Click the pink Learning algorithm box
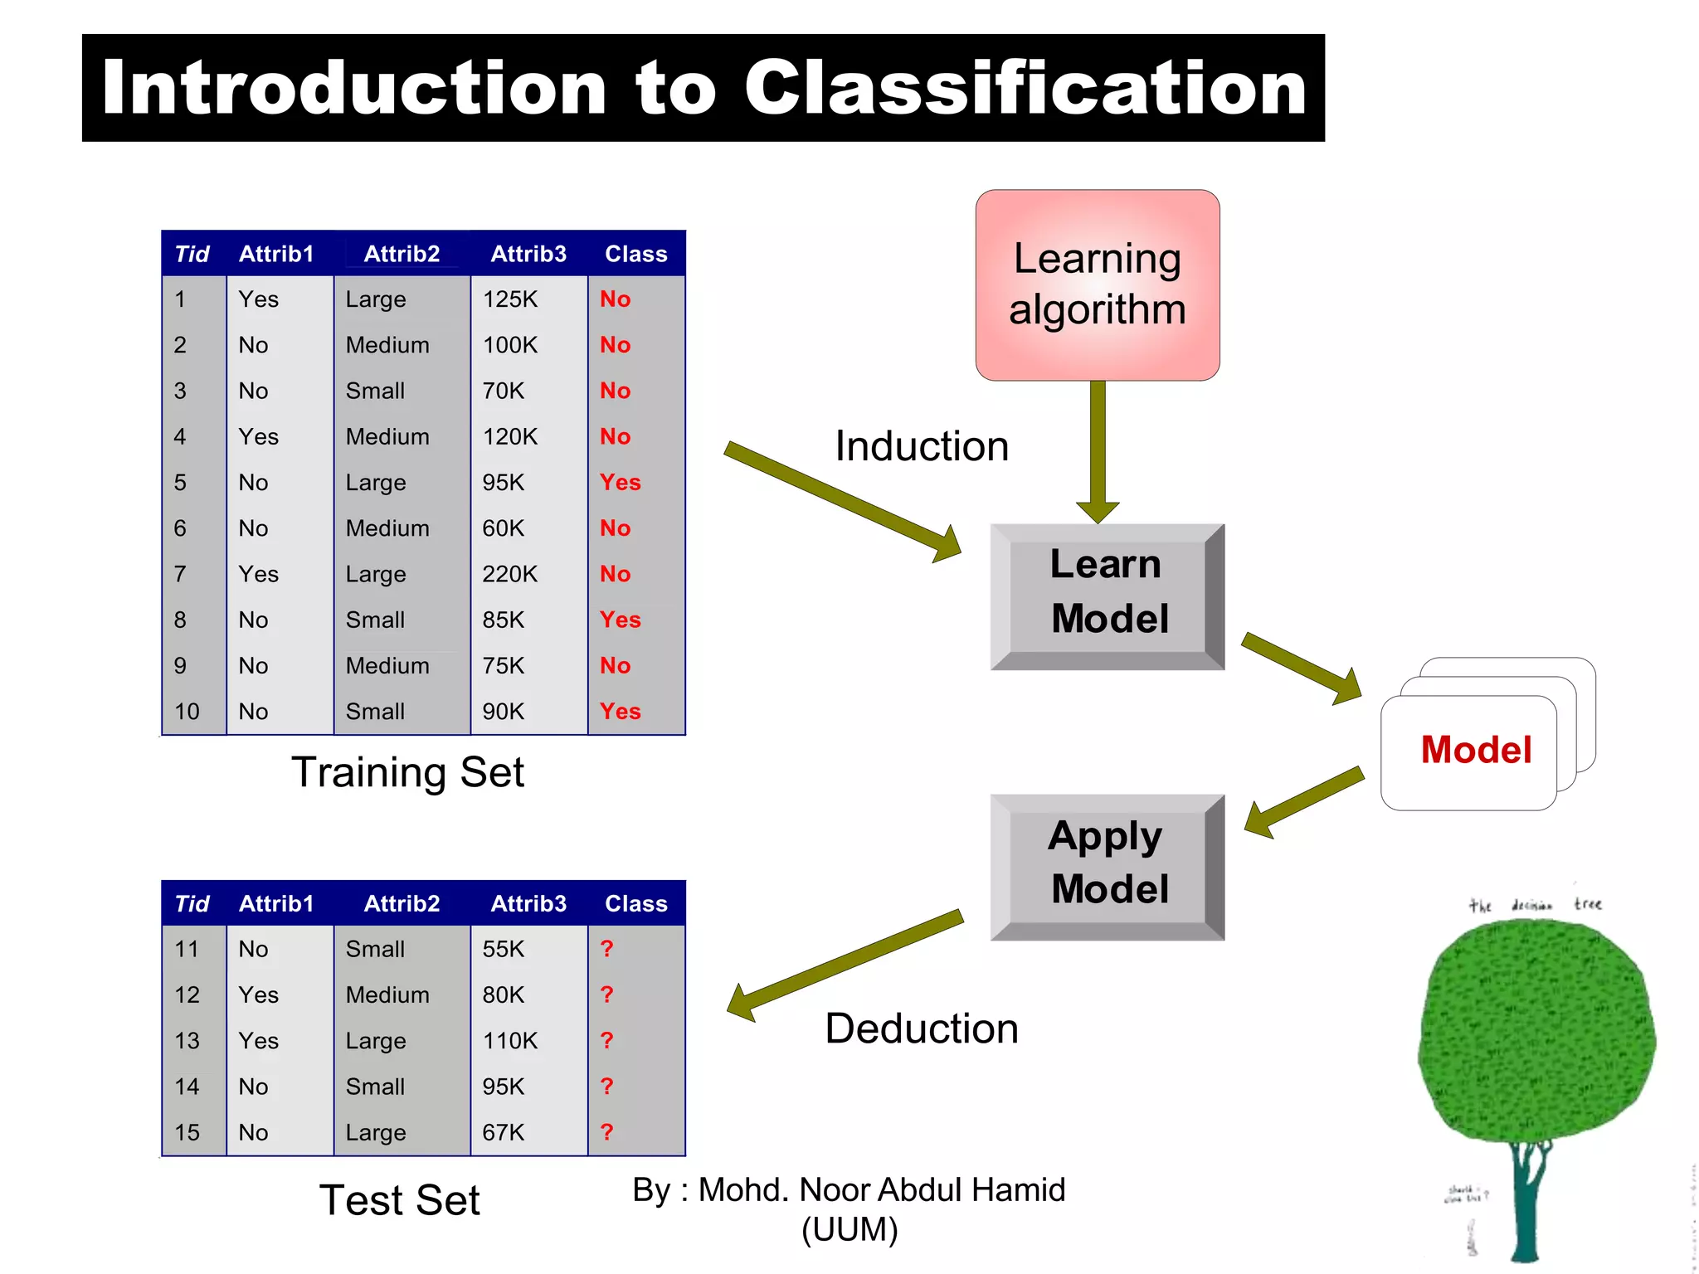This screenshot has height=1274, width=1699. [1097, 284]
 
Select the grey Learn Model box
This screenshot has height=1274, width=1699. [1107, 594]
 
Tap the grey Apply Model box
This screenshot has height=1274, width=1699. [1107, 864]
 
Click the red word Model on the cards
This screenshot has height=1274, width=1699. [1475, 750]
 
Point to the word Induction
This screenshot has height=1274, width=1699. [921, 446]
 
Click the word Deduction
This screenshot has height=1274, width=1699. [921, 1028]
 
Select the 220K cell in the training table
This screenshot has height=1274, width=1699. [509, 574]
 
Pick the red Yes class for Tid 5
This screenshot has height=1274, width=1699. [620, 483]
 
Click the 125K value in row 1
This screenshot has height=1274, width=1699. [509, 299]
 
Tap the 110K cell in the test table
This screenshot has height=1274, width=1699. [509, 1041]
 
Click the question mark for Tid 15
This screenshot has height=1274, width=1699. [606, 1132]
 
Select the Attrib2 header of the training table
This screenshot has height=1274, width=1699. [402, 254]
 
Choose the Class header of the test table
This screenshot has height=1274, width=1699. [635, 904]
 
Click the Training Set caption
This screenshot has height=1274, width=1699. [407, 772]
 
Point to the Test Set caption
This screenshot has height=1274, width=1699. [399, 1200]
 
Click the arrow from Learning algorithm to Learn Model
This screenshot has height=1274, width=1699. [1098, 448]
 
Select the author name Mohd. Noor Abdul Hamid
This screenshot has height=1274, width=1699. [881, 1190]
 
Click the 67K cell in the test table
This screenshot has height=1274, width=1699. [503, 1132]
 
